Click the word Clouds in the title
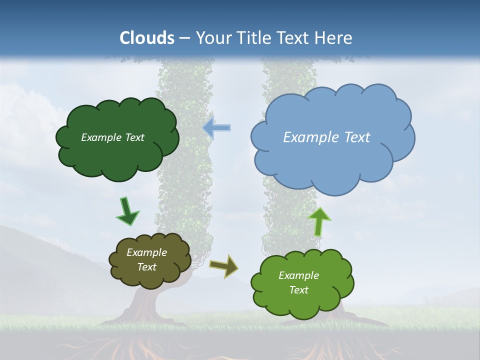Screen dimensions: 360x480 click(x=147, y=38)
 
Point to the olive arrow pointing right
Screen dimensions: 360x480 click(x=224, y=266)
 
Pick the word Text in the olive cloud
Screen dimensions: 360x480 click(x=146, y=267)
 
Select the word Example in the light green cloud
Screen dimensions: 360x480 click(x=298, y=275)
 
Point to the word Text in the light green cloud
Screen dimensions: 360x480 click(x=298, y=290)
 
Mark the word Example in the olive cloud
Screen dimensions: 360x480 click(x=146, y=252)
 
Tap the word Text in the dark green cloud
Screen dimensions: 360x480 click(x=134, y=137)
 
